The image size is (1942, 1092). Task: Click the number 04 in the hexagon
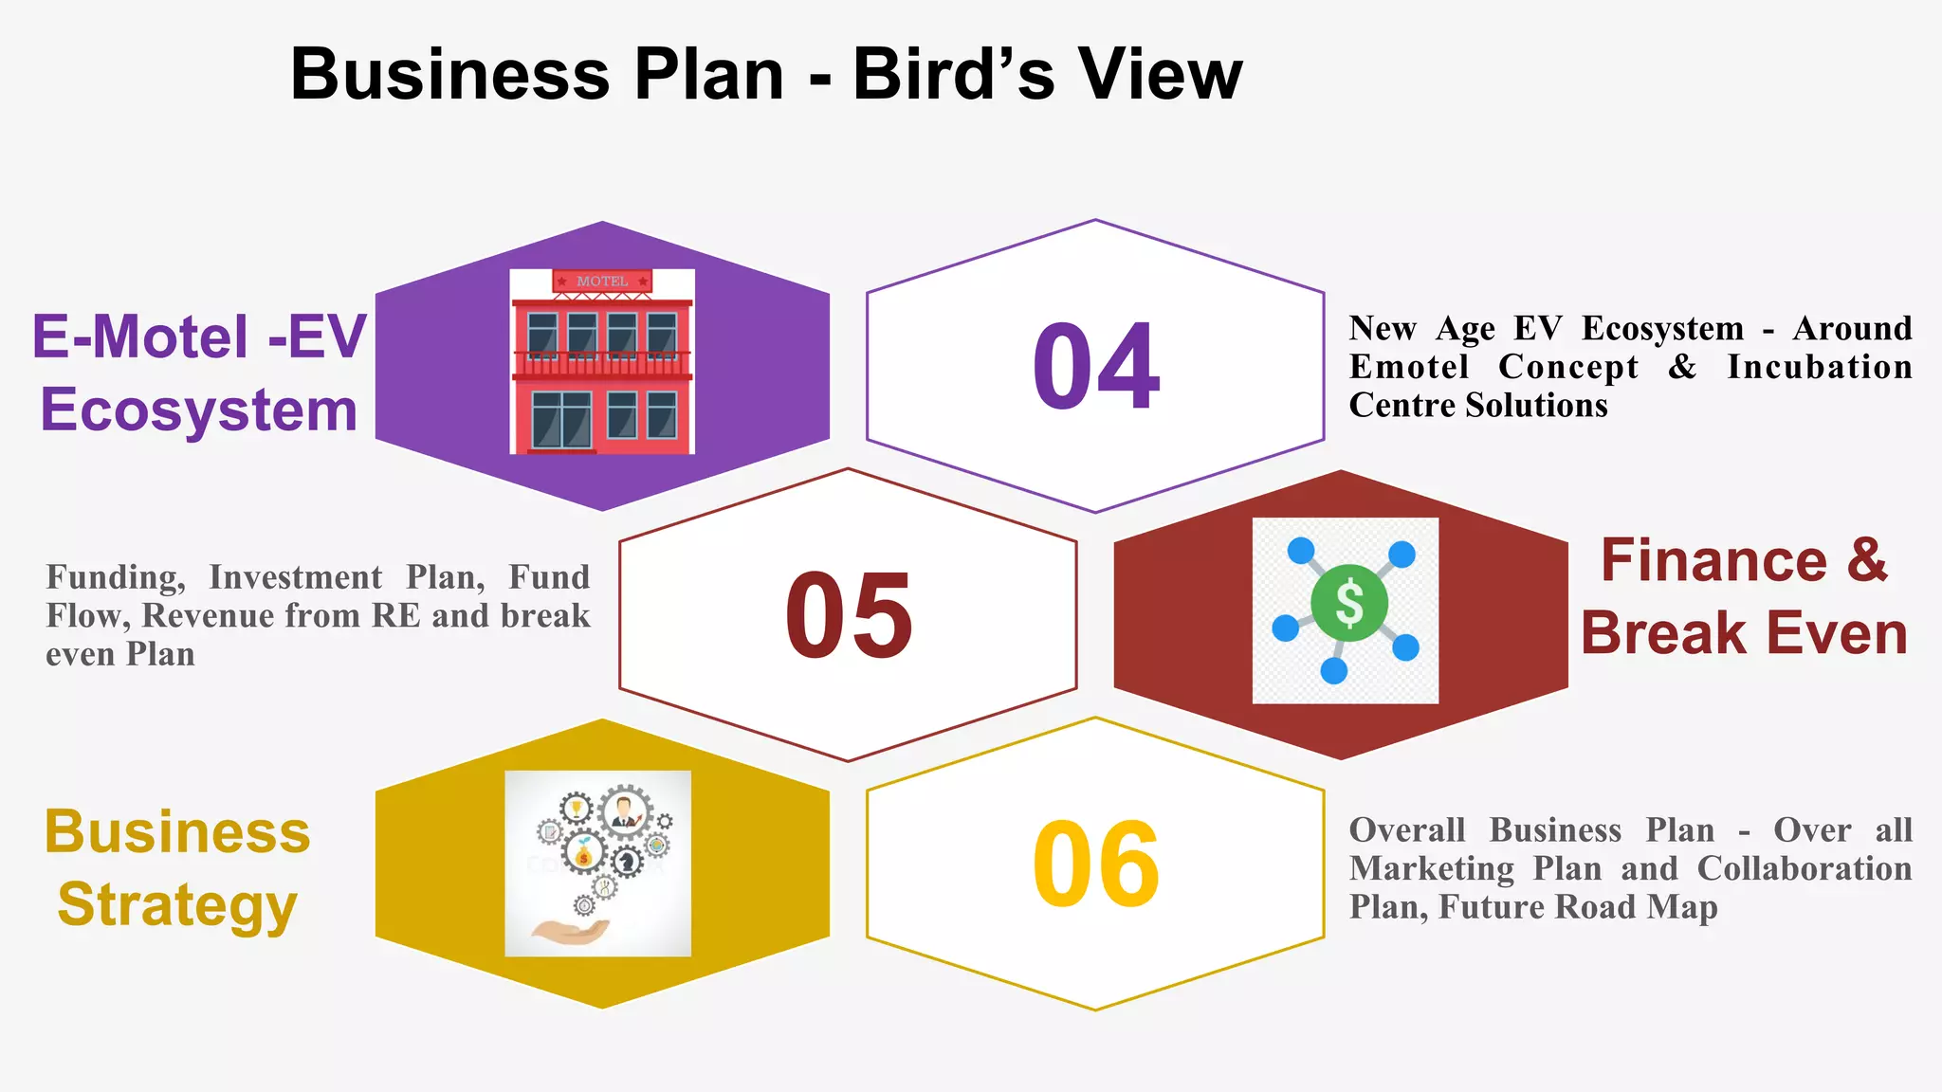coord(1095,366)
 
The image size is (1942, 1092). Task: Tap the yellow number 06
coord(1095,864)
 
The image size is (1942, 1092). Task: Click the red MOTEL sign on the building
coord(602,282)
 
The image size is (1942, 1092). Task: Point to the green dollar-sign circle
coord(1348,603)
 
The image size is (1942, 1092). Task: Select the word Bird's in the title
coord(953,74)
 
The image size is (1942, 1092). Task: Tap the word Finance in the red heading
coord(1713,560)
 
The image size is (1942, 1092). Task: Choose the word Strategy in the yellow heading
coord(177,904)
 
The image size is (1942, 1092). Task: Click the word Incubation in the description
coord(1819,367)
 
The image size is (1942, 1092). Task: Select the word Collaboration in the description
coord(1804,868)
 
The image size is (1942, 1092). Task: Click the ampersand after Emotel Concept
coord(1682,367)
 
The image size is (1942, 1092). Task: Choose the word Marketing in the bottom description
coord(1432,868)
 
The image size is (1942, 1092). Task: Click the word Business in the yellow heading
coord(177,832)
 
